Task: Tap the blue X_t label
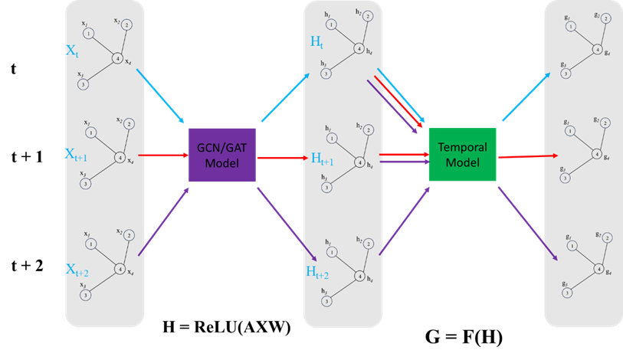(72, 52)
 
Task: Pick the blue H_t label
(316, 43)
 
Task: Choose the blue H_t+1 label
(322, 159)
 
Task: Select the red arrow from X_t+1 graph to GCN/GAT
(162, 155)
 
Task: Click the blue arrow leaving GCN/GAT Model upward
(285, 98)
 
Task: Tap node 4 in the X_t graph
(117, 58)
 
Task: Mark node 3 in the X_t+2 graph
(86, 295)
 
